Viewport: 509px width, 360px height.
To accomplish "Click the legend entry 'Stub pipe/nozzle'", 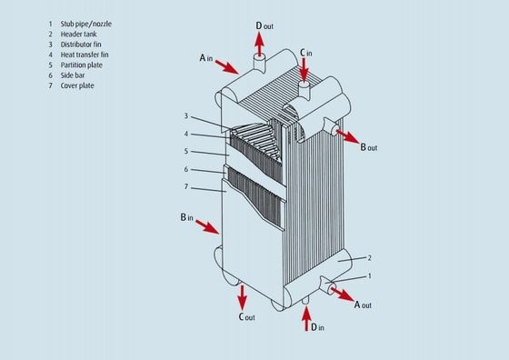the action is tap(86, 24).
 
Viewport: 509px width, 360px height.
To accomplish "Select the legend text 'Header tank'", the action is tap(78, 34).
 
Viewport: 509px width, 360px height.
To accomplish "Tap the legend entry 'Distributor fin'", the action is tap(81, 45).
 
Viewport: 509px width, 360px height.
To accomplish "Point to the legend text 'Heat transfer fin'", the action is tap(85, 55).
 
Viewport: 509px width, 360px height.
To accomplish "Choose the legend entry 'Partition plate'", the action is tap(82, 65).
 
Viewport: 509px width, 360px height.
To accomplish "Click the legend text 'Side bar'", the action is tap(73, 75).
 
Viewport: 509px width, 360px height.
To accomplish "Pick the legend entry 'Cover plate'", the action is tap(77, 85).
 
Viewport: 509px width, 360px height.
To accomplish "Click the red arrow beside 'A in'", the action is tap(227, 66).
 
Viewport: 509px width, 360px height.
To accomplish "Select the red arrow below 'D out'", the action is tap(259, 45).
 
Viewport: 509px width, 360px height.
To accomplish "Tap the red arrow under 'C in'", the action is tap(304, 70).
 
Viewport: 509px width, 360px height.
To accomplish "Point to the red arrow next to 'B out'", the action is tap(348, 136).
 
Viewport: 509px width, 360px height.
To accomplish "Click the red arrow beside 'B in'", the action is tap(207, 226).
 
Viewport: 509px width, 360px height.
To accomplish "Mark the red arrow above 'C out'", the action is tap(242, 297).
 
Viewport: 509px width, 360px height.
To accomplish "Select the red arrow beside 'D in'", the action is tap(306, 319).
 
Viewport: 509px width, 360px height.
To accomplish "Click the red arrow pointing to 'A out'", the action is tap(343, 295).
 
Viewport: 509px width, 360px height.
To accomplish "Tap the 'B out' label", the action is tap(369, 147).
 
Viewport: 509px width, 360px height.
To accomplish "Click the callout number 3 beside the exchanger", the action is tap(186, 115).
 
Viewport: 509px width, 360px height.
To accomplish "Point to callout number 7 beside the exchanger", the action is tap(186, 186).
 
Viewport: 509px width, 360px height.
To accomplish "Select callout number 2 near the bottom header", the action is tap(369, 258).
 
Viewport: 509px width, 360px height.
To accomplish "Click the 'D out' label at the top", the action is tap(264, 25).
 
